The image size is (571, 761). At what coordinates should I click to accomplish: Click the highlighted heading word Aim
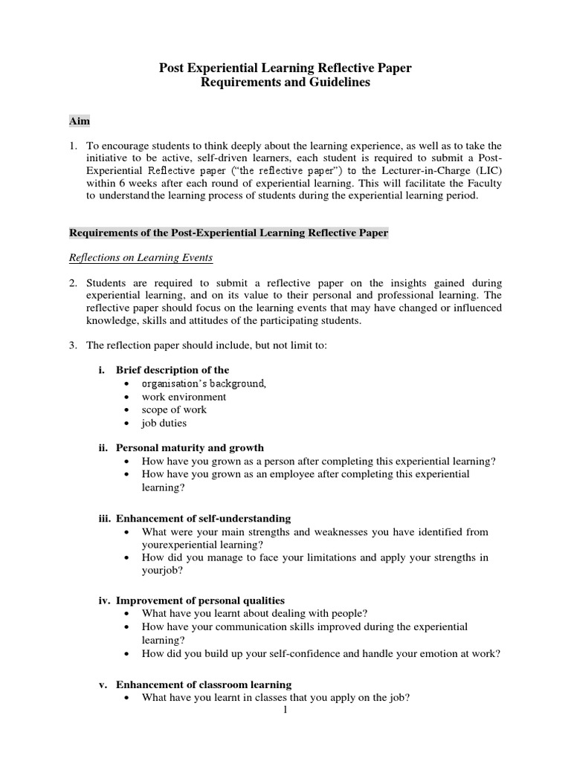[80, 120]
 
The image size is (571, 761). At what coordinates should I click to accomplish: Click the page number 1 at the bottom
[285, 710]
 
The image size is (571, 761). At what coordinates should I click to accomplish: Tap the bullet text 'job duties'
[164, 423]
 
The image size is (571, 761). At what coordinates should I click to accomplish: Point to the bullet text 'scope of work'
[174, 409]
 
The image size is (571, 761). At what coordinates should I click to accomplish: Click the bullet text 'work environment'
[184, 397]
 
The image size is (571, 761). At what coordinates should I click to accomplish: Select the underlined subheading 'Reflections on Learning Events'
[141, 258]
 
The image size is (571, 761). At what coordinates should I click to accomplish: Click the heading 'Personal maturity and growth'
[190, 448]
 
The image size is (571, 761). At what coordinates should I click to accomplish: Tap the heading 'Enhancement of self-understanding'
[203, 518]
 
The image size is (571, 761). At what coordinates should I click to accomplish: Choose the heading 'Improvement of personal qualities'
[200, 600]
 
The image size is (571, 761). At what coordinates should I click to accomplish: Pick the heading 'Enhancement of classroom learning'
[204, 684]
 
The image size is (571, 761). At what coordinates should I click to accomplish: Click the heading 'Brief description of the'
[172, 370]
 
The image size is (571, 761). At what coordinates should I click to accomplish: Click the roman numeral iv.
[103, 600]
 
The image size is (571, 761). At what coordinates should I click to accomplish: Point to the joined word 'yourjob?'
[161, 571]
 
